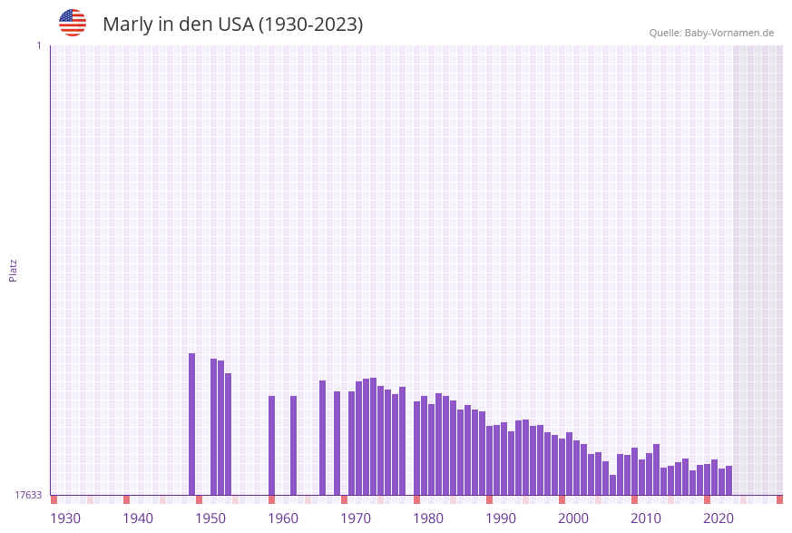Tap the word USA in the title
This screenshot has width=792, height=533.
235,25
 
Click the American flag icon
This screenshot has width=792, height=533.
73,23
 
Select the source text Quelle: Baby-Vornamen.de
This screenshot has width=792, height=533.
711,33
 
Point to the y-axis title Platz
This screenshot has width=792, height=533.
14,270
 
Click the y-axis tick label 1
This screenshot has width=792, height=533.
38,45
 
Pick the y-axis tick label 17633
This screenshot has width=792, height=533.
27,495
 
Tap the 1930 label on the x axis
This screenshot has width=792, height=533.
65,518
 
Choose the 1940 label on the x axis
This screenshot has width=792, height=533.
138,518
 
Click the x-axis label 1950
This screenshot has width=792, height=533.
210,518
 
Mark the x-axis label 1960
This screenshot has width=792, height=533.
283,518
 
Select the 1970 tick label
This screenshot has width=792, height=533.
356,518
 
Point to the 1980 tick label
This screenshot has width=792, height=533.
428,518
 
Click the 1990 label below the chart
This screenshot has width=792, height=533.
501,518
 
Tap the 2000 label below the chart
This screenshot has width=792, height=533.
573,518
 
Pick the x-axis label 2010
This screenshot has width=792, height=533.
646,518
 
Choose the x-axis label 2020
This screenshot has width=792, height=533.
719,518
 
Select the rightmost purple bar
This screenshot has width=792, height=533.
728,480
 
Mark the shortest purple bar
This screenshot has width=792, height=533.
613,485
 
